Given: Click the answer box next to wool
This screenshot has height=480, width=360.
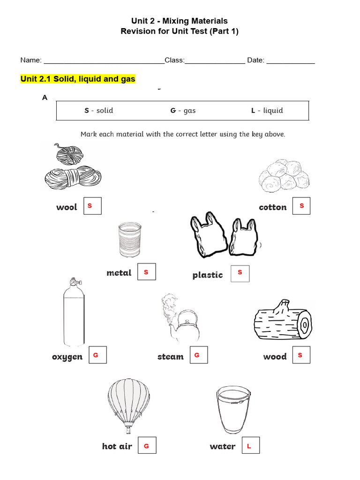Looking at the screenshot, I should click(x=92, y=206).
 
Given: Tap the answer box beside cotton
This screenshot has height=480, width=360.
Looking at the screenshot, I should click(x=301, y=206).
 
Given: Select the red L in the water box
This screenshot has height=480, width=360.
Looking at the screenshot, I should click(x=249, y=447).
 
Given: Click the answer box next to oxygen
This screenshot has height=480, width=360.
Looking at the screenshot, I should click(x=98, y=355).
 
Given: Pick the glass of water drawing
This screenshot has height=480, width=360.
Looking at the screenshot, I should click(x=233, y=411).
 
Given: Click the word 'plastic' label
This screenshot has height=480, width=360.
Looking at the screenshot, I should click(x=208, y=275).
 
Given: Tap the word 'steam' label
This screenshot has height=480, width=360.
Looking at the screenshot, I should click(x=171, y=357).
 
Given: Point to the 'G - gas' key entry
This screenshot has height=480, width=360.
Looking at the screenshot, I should click(x=183, y=111).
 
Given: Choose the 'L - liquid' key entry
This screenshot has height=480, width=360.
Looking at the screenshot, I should click(x=267, y=111).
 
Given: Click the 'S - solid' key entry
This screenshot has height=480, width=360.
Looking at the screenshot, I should click(x=98, y=111).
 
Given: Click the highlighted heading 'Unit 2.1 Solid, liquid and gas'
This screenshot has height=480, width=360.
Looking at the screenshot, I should click(x=78, y=79).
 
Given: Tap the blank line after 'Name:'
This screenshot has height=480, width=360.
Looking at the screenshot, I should click(x=103, y=60).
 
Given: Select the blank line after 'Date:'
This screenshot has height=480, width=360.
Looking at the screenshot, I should click(x=291, y=60).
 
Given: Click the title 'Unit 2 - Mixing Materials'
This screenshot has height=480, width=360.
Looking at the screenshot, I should click(x=180, y=21).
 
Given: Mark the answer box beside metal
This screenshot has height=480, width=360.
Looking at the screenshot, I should click(x=146, y=272).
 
